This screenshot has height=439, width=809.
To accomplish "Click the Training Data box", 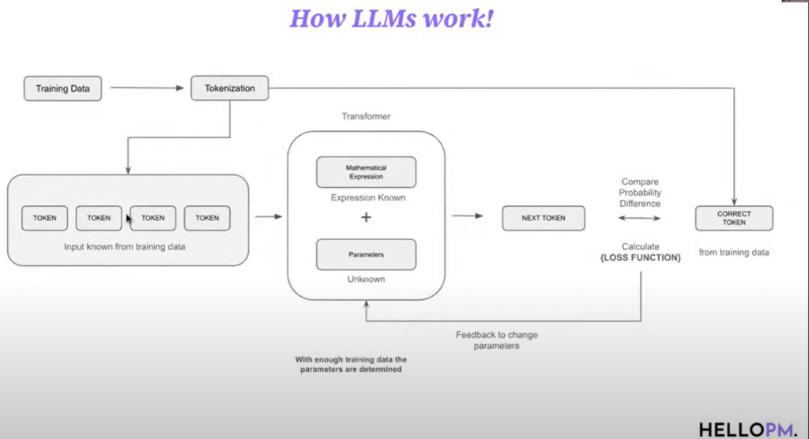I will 63,88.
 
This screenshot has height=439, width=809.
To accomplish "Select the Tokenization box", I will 230,88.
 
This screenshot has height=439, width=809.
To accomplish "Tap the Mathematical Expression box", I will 366,172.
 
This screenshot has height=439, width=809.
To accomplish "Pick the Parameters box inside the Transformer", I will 366,254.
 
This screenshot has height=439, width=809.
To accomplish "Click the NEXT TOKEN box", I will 544,217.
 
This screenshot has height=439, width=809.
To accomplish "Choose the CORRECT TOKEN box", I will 734,218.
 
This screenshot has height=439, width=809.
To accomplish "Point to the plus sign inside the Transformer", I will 366,217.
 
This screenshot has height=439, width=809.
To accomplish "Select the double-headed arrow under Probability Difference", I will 640,217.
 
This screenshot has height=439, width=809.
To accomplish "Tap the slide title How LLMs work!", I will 391,18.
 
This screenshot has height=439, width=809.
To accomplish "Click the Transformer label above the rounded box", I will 366,116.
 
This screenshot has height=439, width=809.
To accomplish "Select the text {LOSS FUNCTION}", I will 640,258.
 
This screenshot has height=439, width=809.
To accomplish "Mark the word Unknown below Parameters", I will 366,280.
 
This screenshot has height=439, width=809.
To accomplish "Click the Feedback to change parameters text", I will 497,340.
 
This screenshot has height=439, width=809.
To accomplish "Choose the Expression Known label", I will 367,197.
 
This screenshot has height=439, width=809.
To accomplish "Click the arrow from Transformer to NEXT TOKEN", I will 468,216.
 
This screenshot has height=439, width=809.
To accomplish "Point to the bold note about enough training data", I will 351,364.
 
